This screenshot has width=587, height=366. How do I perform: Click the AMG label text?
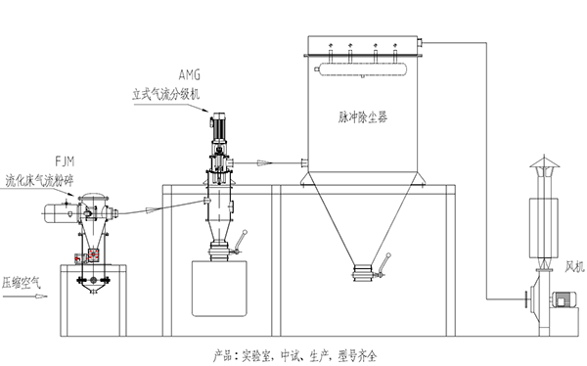[190, 75]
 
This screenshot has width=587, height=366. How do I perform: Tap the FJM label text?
[65, 161]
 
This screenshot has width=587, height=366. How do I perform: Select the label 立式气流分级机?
[166, 94]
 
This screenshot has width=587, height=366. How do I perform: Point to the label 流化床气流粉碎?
[39, 181]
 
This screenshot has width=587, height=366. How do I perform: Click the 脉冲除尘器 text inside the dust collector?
[363, 117]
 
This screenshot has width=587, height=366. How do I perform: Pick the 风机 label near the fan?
[574, 266]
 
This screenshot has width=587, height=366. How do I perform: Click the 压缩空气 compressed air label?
[22, 283]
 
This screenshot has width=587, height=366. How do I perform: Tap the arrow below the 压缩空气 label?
[25, 297]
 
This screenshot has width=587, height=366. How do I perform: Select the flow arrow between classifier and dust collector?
[264, 162]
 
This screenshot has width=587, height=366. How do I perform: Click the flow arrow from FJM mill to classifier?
[153, 209]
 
